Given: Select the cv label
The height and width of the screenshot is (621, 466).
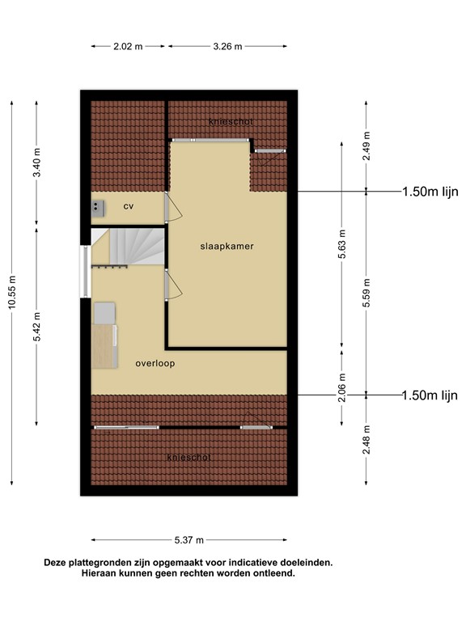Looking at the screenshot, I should click(128, 206).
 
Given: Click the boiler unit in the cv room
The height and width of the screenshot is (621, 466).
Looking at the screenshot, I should click(99, 207).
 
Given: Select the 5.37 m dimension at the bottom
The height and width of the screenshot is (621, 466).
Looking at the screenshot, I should click(189, 540).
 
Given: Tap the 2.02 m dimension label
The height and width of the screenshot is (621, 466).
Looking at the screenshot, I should click(128, 47).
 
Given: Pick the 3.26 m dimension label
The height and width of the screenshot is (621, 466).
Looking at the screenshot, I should click(227, 47).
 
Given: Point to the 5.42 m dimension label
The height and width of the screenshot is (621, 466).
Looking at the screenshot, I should click(36, 327).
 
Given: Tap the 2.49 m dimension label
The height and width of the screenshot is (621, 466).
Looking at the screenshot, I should click(366, 146).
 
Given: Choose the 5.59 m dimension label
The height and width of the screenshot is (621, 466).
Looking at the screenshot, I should click(366, 292).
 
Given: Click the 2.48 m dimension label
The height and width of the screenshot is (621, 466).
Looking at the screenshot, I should click(366, 440).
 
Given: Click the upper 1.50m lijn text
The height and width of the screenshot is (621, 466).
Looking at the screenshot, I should click(430, 192).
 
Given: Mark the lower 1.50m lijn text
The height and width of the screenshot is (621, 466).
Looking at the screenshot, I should click(430, 395).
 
